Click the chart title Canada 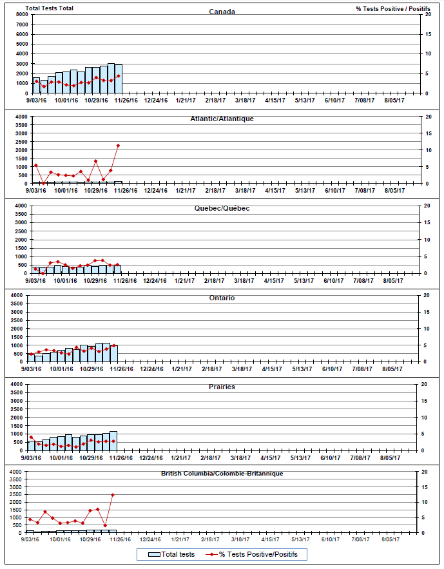(x=222, y=12)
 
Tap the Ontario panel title (x=222, y=298)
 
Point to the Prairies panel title (x=222, y=387)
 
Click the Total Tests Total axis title (x=49, y=8)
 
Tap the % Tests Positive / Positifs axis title (x=393, y=8)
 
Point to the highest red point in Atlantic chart (x=118, y=146)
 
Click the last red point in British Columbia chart (x=113, y=495)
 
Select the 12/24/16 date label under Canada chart (x=155, y=100)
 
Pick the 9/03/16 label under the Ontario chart (x=32, y=369)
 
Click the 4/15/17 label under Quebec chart (x=275, y=280)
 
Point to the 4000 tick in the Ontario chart (x=19, y=295)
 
